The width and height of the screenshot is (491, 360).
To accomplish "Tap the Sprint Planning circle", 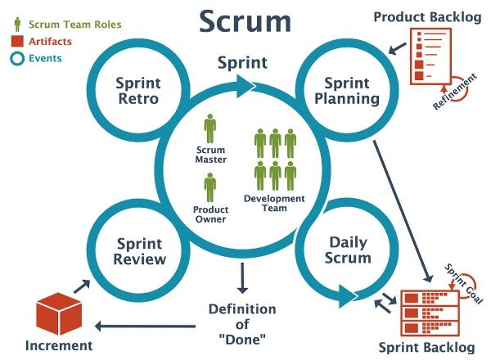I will (352, 92).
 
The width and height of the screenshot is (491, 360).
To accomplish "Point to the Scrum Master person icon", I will (210, 128).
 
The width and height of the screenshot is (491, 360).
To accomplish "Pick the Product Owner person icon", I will (210, 187).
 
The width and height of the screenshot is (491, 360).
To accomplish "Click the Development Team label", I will (274, 203).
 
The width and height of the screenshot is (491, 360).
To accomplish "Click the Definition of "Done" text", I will (242, 323).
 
